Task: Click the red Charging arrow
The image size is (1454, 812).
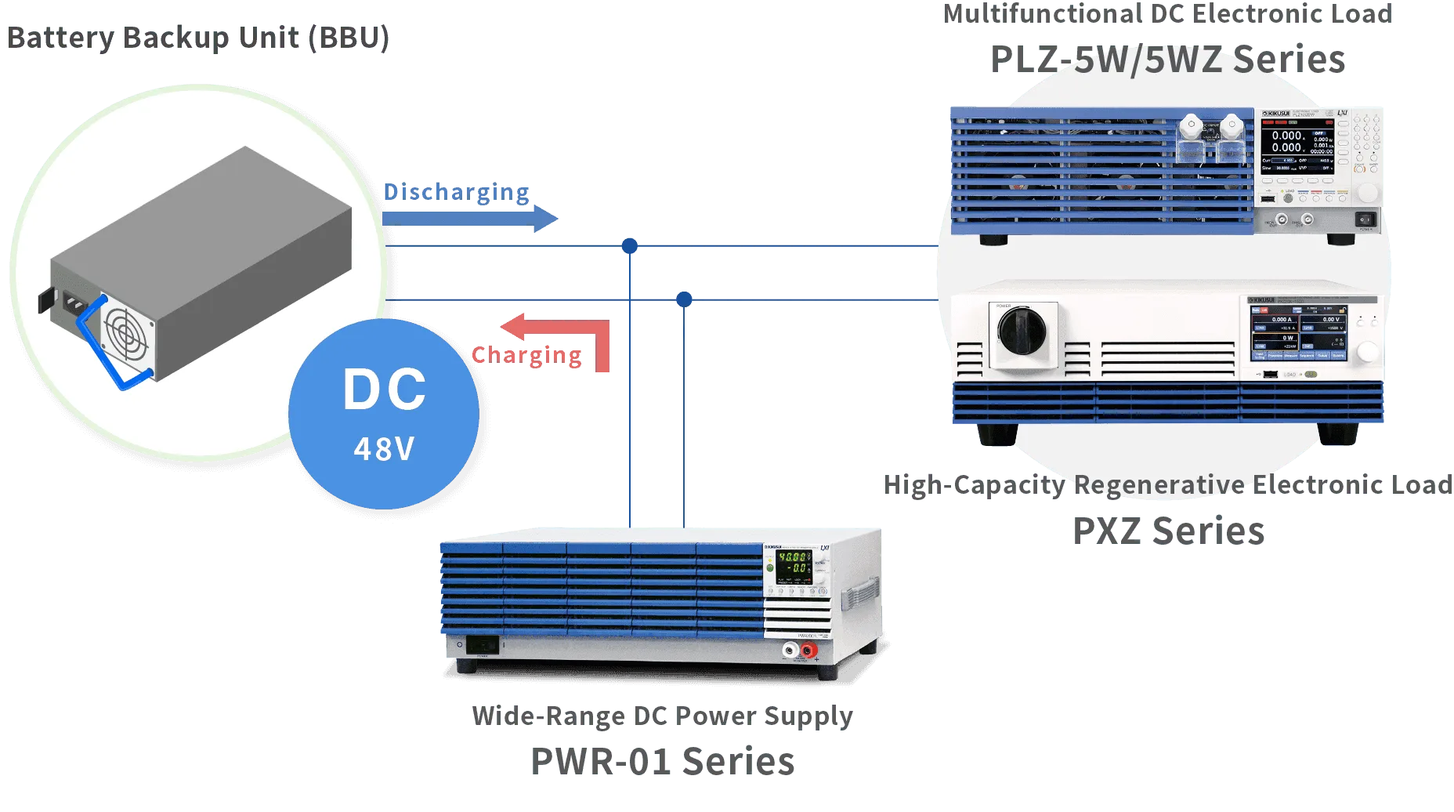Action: pos(556,328)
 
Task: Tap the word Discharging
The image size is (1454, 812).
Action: pos(456,192)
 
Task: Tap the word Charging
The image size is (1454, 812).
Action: pos(526,356)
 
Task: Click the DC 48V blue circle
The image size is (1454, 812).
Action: pos(384,414)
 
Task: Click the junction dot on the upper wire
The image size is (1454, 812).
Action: pos(629,247)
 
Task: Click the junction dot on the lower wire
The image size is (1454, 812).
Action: pos(685,299)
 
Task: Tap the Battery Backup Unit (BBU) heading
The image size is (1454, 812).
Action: pos(197,38)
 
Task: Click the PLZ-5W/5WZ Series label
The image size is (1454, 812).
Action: pos(1167,60)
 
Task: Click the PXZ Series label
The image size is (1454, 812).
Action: pos(1167,531)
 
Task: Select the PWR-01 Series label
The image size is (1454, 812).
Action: pos(663,762)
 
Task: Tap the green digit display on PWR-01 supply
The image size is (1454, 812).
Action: pos(794,563)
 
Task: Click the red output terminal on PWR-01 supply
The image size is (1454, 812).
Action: pos(808,650)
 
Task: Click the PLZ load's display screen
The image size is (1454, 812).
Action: pos(1297,142)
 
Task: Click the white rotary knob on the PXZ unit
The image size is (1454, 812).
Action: pos(1367,352)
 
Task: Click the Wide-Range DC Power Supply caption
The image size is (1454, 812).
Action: pos(663,716)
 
